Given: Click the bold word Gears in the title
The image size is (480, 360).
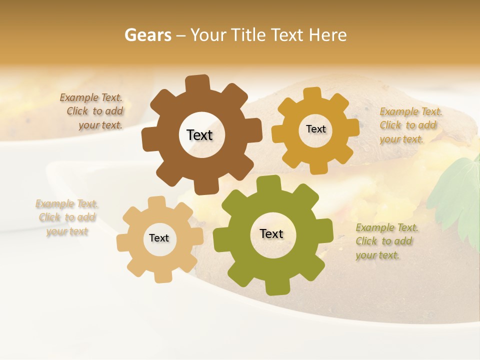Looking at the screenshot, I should coord(147,35).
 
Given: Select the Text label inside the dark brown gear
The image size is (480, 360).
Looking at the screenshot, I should coord(199,135).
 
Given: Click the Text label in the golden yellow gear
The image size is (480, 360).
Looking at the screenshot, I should coord(315,129).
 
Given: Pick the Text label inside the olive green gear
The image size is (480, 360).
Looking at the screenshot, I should coord(271,234).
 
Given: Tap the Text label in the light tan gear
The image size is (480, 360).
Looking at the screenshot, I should coord(159,238).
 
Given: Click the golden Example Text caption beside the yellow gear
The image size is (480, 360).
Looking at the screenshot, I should coord(410,125).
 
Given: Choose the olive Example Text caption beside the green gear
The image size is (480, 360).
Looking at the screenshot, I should coord(386,241).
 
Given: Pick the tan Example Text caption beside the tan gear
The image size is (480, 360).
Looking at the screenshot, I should coord(67,217).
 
